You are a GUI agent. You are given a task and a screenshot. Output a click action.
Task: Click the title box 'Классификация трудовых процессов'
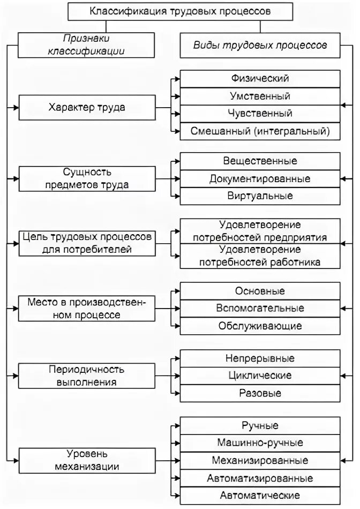[180, 11]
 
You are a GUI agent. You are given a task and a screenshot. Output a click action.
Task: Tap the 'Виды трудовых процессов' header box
[260, 45]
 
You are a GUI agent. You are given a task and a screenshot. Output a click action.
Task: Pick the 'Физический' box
[260, 79]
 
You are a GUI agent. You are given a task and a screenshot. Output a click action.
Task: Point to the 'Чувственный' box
[260, 114]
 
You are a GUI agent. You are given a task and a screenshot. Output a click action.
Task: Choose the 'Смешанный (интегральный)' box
[260, 131]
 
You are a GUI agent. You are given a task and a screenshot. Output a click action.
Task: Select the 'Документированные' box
[260, 178]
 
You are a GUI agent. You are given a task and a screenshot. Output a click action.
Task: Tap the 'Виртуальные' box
[260, 196]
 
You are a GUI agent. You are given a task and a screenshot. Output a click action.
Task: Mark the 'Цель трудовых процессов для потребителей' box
[87, 243]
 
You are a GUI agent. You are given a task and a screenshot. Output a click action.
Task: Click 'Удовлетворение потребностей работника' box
[260, 256]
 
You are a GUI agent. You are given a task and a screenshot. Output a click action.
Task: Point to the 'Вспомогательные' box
[260, 308]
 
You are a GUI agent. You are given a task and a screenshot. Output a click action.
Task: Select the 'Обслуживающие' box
[260, 326]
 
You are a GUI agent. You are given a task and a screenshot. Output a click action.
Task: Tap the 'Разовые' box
[260, 393]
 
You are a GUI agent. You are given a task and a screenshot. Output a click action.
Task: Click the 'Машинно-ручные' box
[260, 443]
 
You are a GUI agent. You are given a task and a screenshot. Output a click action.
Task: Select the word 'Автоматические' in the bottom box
[260, 495]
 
